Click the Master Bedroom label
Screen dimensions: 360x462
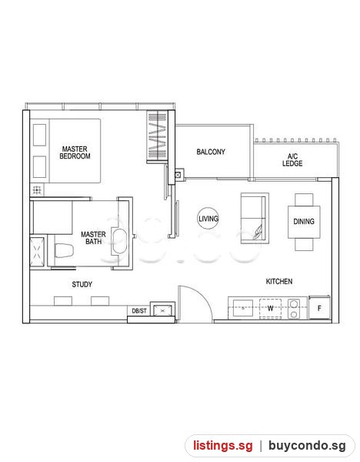pos(75,152)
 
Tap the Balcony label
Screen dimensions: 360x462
pos(211,152)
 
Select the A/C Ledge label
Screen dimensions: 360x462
pos(292,160)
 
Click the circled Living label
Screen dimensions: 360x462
pos(208,219)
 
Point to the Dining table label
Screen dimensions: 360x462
pos(304,221)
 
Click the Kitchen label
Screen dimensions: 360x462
pos(279,281)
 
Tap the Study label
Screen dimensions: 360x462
pos(82,284)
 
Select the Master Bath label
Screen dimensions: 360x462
pos(93,238)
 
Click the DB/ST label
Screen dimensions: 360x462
pos(139,311)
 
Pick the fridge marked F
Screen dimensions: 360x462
pos(319,308)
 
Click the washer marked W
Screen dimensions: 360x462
pos(270,309)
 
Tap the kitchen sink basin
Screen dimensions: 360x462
pos(243,308)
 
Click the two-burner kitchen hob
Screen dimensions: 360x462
pos(294,309)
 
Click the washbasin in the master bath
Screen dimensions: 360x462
pos(119,242)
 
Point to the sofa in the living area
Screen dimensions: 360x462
pos(255,219)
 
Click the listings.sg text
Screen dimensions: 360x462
pos(223,445)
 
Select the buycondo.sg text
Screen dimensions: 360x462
pos(308,446)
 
